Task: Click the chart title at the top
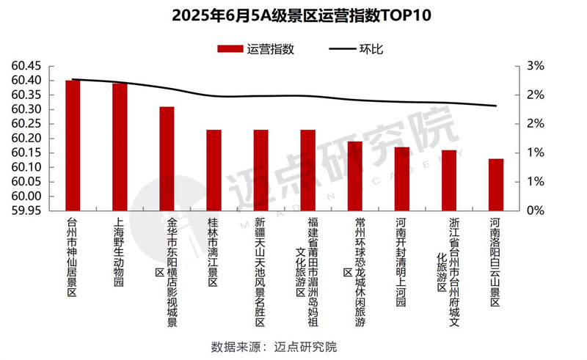(293, 15)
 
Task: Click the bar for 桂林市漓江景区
(214, 170)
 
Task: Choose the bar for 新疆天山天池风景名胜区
(260, 170)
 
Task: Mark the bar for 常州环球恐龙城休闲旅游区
(355, 176)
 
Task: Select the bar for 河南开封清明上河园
(402, 179)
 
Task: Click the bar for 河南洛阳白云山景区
(496, 185)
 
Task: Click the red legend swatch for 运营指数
(230, 49)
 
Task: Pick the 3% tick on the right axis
(536, 66)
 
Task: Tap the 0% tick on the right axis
(536, 211)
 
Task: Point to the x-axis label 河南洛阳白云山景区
(496, 260)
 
